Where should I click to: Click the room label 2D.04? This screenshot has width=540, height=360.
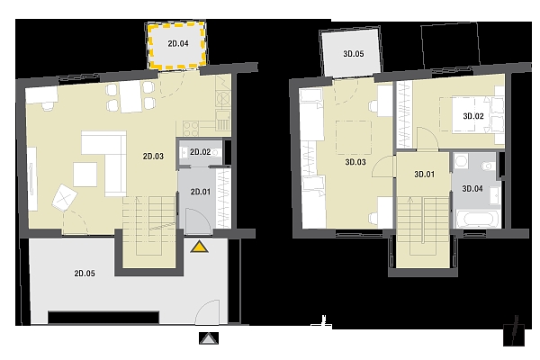[x=177, y=41]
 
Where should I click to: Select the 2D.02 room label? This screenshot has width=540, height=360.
[x=200, y=152]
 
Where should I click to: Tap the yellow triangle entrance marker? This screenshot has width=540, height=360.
[x=198, y=246]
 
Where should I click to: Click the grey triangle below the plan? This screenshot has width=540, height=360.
[x=209, y=339]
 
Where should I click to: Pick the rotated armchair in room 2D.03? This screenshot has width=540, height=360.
[x=66, y=195]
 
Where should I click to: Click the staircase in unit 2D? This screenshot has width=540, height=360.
[x=148, y=220]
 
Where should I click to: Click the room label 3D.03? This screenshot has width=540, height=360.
[x=355, y=163]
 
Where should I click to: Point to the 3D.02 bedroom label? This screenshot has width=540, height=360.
[x=473, y=116]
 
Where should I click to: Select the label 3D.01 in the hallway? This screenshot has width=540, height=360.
[x=424, y=175]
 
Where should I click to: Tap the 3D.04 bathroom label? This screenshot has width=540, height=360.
[x=472, y=188]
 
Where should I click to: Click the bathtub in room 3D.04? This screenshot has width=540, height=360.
[x=473, y=219]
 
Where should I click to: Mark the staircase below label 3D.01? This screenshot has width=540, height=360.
[x=424, y=224]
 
